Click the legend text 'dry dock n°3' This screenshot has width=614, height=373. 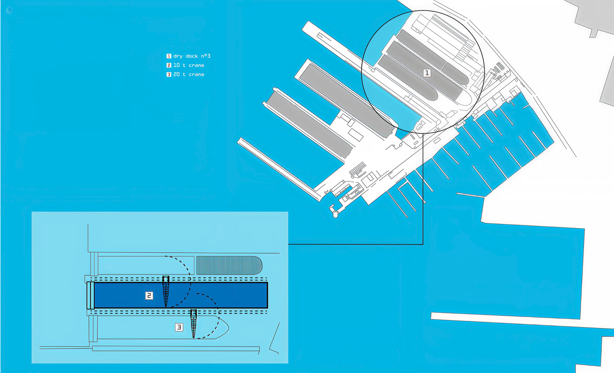pos(192,56)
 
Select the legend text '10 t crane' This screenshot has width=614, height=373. pos(189,65)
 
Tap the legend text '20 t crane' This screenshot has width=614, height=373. pos(189,74)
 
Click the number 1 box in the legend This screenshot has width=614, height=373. pos(169,56)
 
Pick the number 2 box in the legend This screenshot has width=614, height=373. pos(169,65)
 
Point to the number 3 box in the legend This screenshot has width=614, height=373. pos(169,74)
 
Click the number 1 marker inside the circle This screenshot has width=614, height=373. pos(427,73)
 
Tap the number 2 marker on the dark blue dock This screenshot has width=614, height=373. pos(149,296)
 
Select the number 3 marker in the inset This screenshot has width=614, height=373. pos(179,327)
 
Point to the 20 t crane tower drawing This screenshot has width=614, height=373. pos(194,324)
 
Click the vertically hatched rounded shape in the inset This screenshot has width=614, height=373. pos(229,265)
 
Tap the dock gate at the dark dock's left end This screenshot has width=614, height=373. pos(91,296)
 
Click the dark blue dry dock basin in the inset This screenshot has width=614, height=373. pos(181,296)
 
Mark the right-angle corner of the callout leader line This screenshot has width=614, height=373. pos(423,244)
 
